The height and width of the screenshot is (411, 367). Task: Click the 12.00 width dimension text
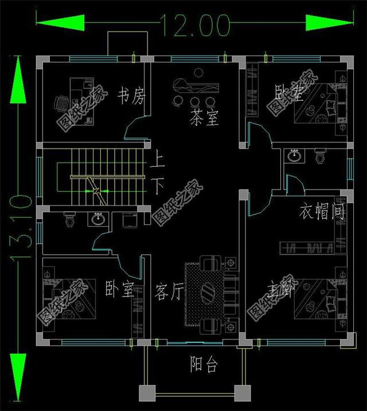click(x=195, y=23)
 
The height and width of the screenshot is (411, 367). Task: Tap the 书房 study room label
click(x=131, y=96)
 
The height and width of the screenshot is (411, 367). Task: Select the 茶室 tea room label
click(x=205, y=118)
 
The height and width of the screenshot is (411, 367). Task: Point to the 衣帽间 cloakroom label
click(x=322, y=213)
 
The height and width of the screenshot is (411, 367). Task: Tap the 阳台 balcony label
click(x=204, y=365)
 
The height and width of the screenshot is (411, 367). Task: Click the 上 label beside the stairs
click(x=158, y=161)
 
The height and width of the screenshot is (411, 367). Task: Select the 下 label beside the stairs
click(x=158, y=186)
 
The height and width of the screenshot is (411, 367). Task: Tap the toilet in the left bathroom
click(x=69, y=219)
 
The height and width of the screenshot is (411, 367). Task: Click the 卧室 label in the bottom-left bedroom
click(x=119, y=288)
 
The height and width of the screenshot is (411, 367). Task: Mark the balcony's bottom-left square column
click(x=147, y=393)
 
